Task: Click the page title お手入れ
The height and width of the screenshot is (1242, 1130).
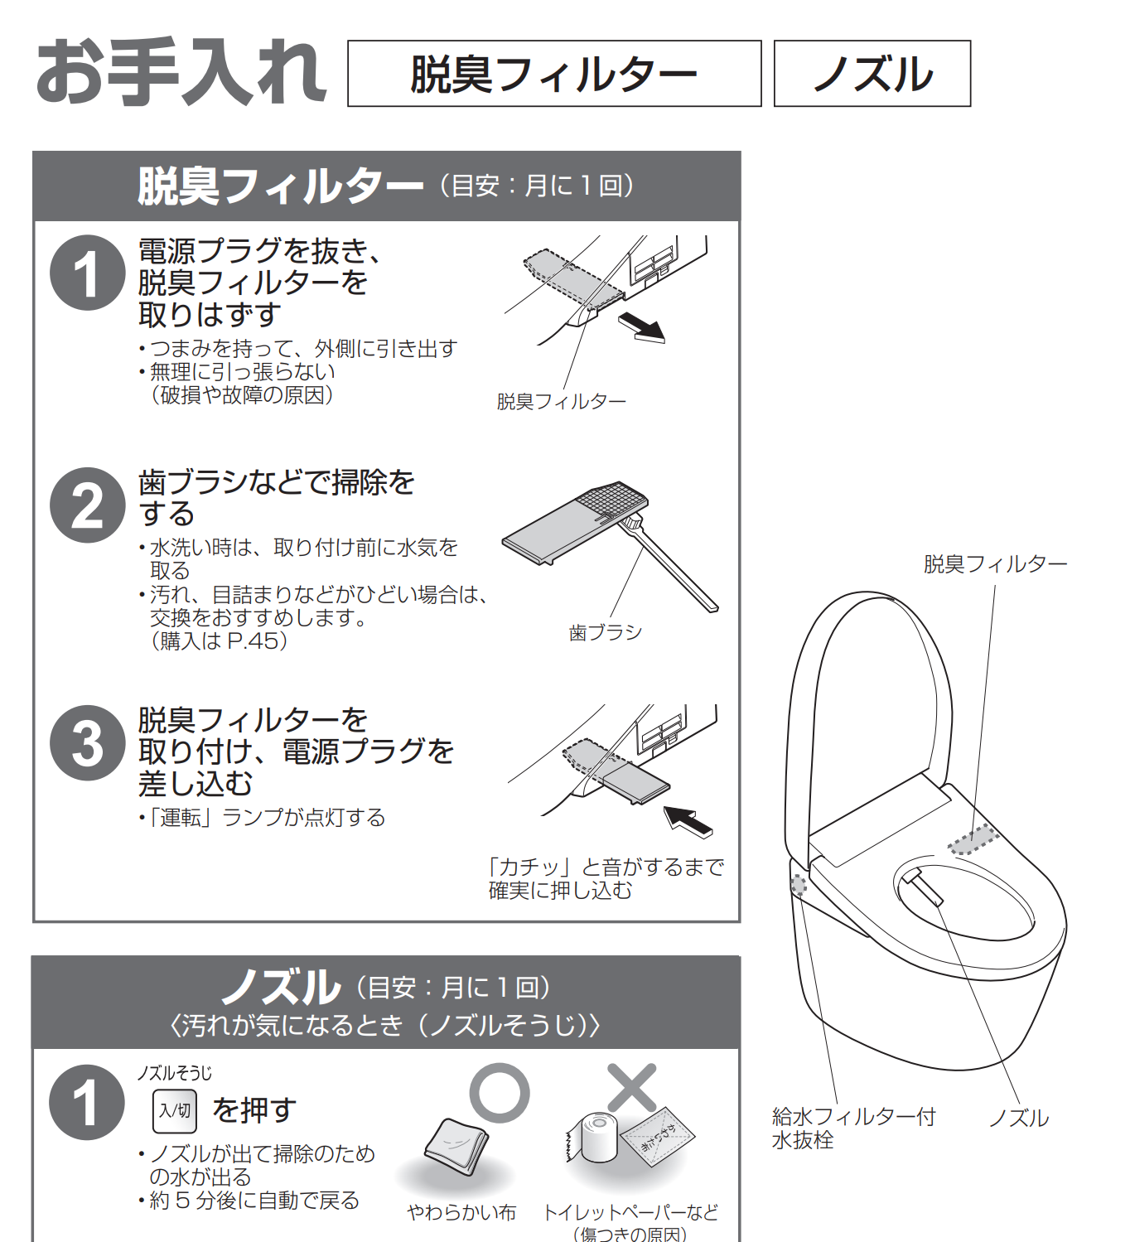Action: (181, 71)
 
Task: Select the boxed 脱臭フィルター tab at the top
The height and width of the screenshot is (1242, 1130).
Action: (554, 74)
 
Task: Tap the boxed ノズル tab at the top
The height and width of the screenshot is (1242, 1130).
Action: (872, 74)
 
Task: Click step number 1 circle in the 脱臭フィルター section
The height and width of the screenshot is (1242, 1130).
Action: (87, 273)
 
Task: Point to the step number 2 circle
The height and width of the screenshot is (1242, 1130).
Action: (87, 505)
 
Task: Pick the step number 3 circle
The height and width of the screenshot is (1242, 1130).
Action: (87, 743)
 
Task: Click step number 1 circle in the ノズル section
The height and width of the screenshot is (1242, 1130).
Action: (87, 1102)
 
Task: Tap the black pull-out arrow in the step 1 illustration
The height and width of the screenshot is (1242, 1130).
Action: (641, 327)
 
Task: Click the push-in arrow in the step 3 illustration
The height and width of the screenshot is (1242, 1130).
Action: (688, 822)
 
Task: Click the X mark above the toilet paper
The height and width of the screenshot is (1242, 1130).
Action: (631, 1088)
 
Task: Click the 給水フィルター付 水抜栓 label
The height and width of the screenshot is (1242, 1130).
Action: (853, 1128)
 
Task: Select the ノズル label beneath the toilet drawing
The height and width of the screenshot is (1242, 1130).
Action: (1018, 1119)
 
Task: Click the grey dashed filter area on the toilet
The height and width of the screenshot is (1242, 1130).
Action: (973, 840)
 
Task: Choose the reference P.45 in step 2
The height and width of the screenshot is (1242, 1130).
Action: (253, 640)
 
